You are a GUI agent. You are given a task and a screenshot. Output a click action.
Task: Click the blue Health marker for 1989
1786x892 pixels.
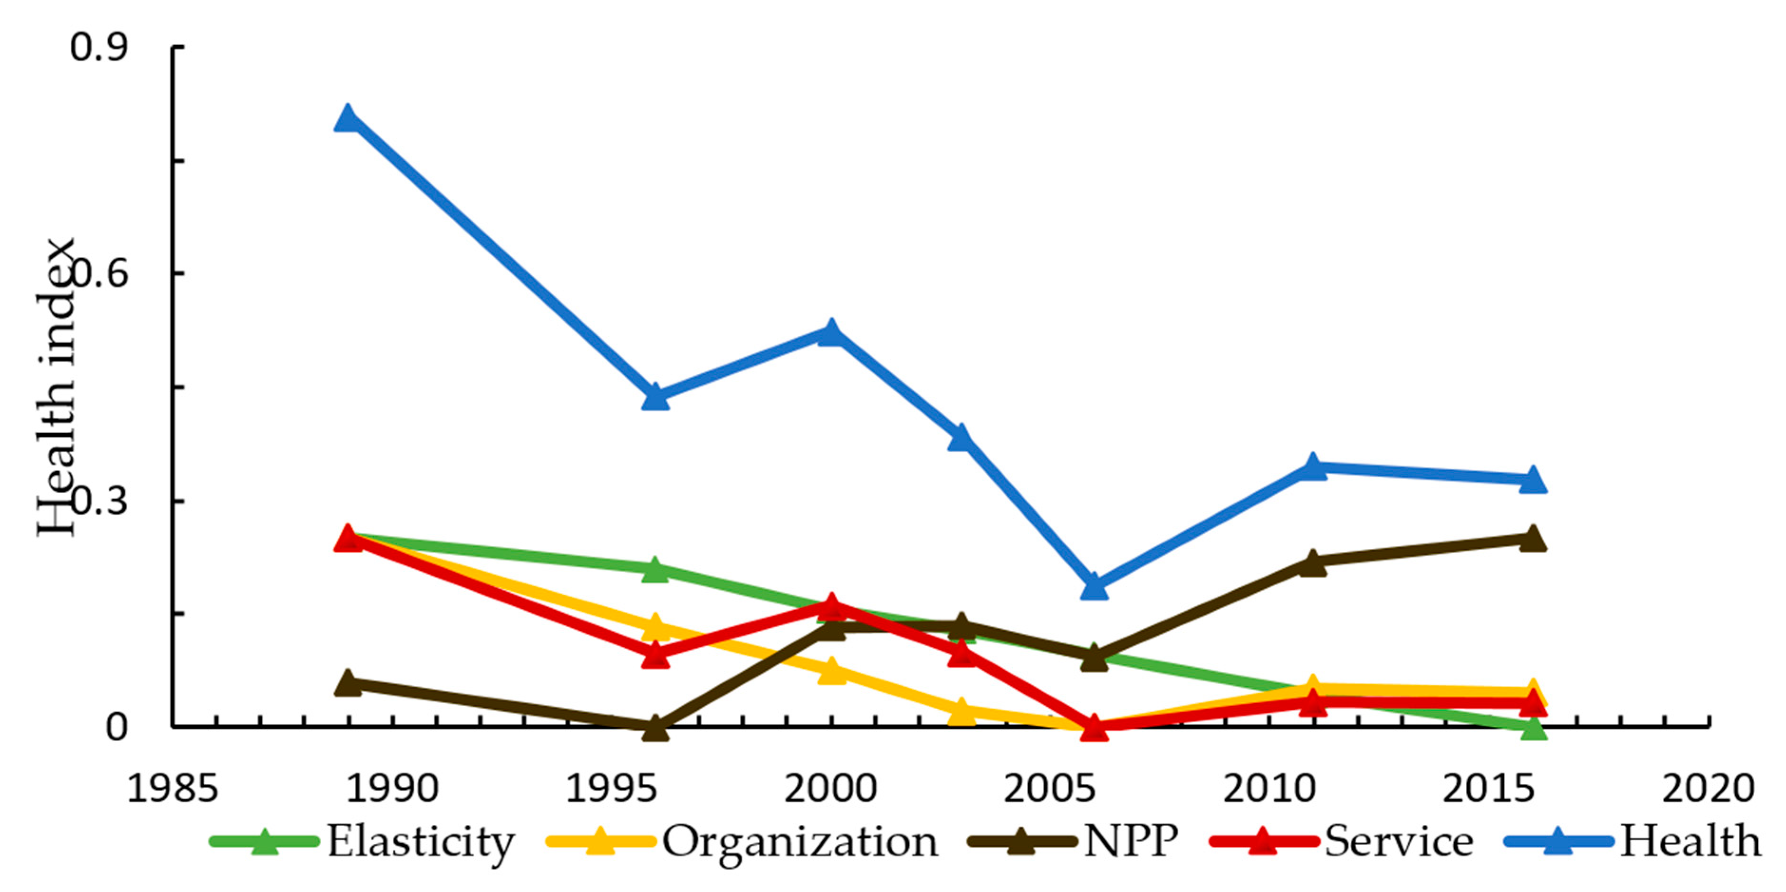click(347, 118)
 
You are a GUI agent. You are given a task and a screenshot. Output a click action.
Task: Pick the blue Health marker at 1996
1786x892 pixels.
click(655, 398)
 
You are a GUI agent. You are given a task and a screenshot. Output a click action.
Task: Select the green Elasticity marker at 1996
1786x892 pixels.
click(655, 570)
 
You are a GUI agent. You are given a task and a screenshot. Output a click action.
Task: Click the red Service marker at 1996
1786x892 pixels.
click(655, 654)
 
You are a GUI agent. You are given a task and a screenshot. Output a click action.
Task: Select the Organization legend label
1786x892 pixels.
click(800, 842)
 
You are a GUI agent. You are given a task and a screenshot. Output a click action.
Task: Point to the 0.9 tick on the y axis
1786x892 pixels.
click(98, 47)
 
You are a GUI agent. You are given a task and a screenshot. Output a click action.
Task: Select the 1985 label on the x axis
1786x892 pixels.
click(172, 789)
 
